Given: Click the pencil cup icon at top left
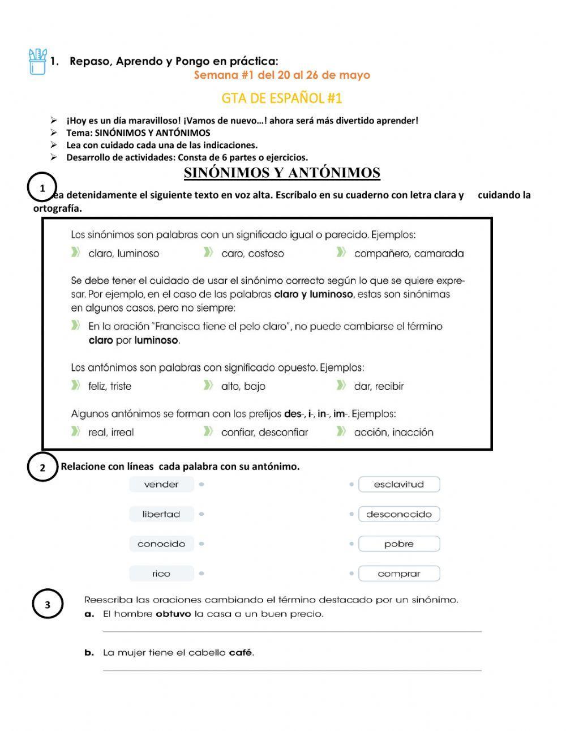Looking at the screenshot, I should (x=37, y=62).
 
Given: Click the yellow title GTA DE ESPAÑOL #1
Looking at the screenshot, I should (x=282, y=99).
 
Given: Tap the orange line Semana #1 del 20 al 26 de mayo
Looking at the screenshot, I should (x=282, y=75).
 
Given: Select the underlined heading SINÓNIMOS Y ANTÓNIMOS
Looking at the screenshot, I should (x=282, y=173).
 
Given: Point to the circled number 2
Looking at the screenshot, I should (x=42, y=468).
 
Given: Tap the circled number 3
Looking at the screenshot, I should (x=48, y=605).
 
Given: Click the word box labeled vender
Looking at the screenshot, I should (x=161, y=485).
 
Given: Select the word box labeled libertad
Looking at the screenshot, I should (x=161, y=514).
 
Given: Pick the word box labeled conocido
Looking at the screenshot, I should (x=161, y=544).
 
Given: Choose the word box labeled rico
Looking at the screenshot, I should (x=161, y=574).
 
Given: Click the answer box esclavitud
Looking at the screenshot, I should (x=399, y=485).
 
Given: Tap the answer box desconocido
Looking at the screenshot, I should (x=399, y=514).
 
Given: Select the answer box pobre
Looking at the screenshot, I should (x=399, y=544).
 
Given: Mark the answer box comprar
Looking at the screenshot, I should (x=399, y=574).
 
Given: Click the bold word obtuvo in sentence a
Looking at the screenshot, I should (x=173, y=614).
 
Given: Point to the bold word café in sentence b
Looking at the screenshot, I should (x=241, y=653).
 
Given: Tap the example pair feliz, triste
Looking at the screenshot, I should (x=110, y=387).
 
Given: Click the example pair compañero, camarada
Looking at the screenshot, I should (x=409, y=254).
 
